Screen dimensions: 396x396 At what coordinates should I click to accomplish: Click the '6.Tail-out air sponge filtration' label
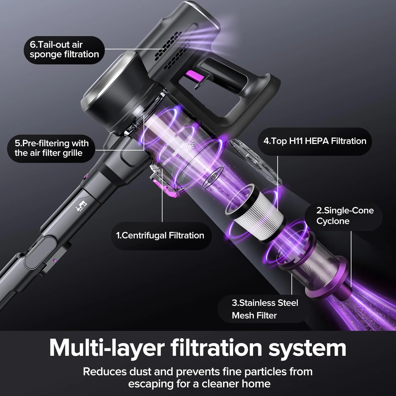click(64, 50)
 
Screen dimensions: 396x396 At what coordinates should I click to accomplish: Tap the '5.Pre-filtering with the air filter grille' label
click(52, 148)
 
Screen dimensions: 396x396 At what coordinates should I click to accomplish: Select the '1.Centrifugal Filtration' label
click(160, 236)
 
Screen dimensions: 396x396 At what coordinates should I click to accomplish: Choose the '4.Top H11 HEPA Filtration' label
click(315, 141)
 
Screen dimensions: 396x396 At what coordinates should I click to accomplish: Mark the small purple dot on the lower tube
click(54, 260)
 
